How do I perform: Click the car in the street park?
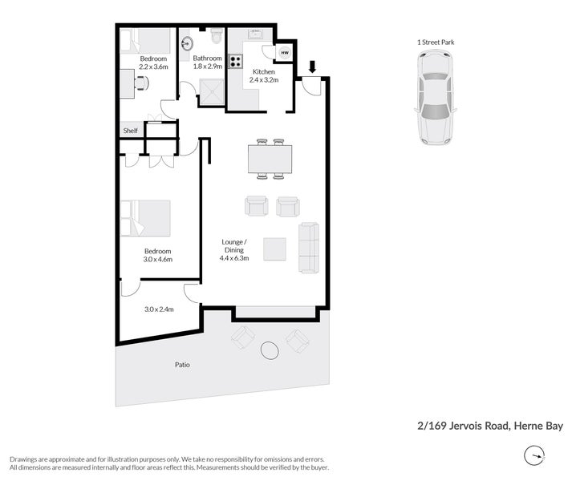click(x=434, y=97)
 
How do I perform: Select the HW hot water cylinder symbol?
click(x=285, y=54)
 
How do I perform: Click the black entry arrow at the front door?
click(x=312, y=67)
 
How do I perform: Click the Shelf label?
click(x=130, y=131)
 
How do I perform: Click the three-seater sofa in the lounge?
click(x=309, y=246)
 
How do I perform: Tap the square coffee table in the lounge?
click(x=274, y=249)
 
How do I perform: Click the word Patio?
click(x=184, y=365)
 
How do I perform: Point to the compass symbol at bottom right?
click(x=533, y=456)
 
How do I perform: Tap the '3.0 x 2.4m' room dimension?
click(x=159, y=309)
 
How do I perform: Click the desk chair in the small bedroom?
click(x=141, y=83)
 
